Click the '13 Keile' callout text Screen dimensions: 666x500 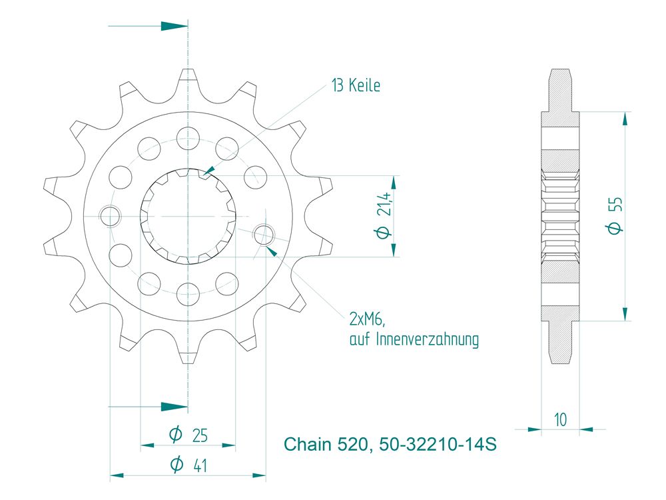pos(356,85)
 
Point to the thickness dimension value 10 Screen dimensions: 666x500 pos(560,419)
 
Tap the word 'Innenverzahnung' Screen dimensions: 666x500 pos(428,339)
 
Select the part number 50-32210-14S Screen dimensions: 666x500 pos(438,444)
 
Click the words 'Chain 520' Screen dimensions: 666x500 pos(326,444)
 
